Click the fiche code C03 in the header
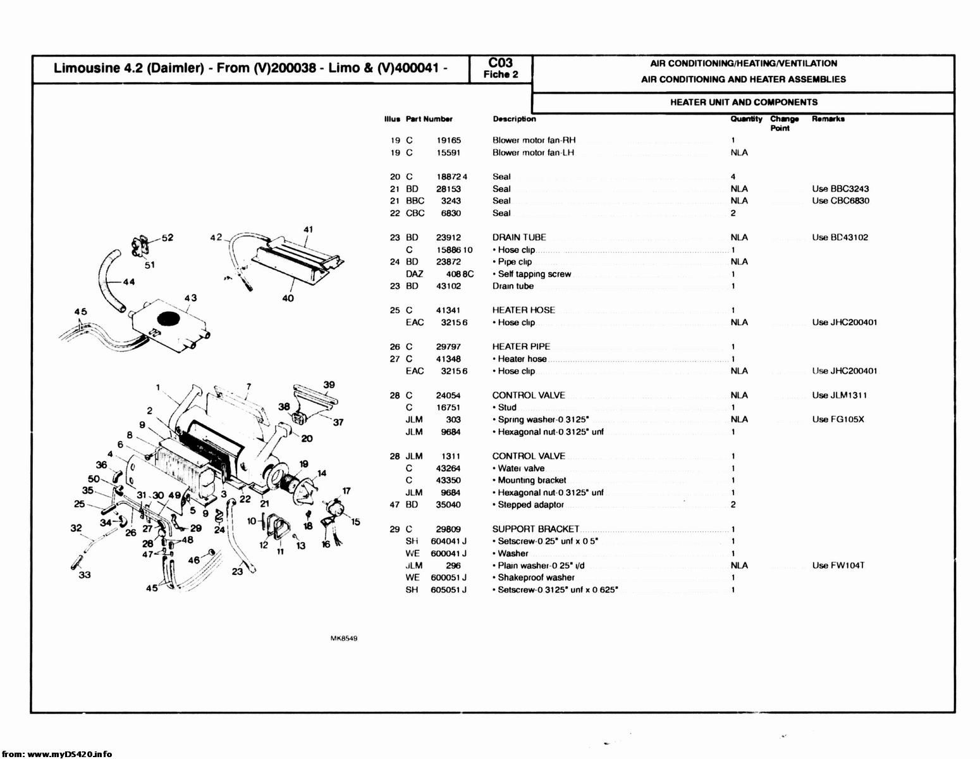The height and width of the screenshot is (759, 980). coord(501,63)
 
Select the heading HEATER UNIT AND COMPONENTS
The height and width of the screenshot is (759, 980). coord(744,102)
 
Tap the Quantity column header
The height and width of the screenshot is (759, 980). coord(746,119)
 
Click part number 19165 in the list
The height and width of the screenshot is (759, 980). coord(449,140)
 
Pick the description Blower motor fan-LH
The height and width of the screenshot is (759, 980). coord(533,152)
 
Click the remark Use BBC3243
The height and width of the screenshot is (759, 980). coord(840,188)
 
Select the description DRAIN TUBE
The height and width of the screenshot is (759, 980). coord(519,237)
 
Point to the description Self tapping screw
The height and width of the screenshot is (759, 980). coord(534,274)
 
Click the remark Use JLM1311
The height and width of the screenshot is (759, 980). coord(840,395)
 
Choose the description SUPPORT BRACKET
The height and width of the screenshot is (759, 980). coord(536,529)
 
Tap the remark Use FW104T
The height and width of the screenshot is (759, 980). coord(838,565)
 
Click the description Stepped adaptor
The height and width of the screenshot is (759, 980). coord(530,505)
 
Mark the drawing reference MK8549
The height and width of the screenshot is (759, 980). coord(344,639)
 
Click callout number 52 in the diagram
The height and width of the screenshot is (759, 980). coord(167,238)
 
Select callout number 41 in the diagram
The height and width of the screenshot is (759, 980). coord(309,229)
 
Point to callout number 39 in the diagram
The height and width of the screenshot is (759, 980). coord(329,385)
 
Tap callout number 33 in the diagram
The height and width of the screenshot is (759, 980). coord(84,574)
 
